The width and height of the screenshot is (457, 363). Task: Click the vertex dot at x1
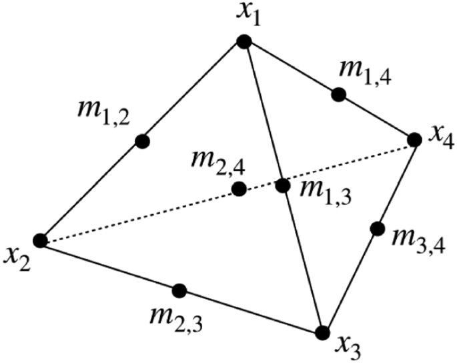[244, 42]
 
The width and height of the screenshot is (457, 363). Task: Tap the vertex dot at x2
[40, 241]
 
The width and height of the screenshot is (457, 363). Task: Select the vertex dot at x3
[323, 332]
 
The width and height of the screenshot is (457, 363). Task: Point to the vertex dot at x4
[414, 139]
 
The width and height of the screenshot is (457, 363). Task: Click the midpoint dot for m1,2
[141, 141]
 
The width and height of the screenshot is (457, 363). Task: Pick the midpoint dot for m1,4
[338, 94]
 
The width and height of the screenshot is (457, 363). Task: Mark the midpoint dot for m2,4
[239, 189]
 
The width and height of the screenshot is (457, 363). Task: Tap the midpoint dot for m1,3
[283, 184]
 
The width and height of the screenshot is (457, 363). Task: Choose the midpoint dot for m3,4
[377, 229]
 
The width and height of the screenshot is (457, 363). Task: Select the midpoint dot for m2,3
[179, 290]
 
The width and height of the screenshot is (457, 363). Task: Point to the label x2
[15, 256]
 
